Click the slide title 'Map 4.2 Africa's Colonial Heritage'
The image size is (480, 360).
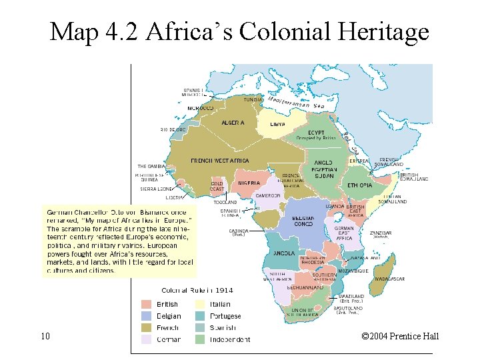pos(239,31)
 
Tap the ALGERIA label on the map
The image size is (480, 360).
pos(233,123)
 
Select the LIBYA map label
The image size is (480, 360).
pos(277,124)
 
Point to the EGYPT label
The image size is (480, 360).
pos(316,133)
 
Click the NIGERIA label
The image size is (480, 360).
pos(249,183)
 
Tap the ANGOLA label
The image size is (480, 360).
pos(283,253)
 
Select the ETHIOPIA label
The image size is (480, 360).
pos(360,185)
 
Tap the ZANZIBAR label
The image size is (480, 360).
pos(381,233)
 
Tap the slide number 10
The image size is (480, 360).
pos(45,336)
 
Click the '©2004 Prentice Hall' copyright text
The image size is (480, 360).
pos(399,336)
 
